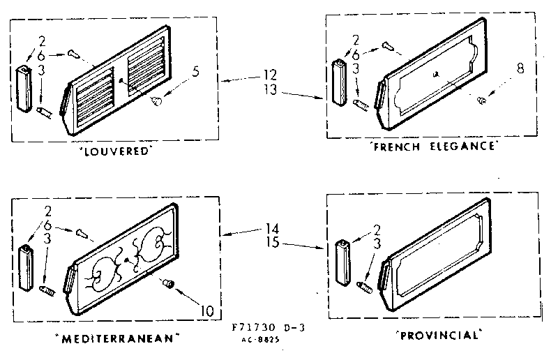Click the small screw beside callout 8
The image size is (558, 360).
pos(481,101)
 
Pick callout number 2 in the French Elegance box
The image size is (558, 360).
pos(356,40)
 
